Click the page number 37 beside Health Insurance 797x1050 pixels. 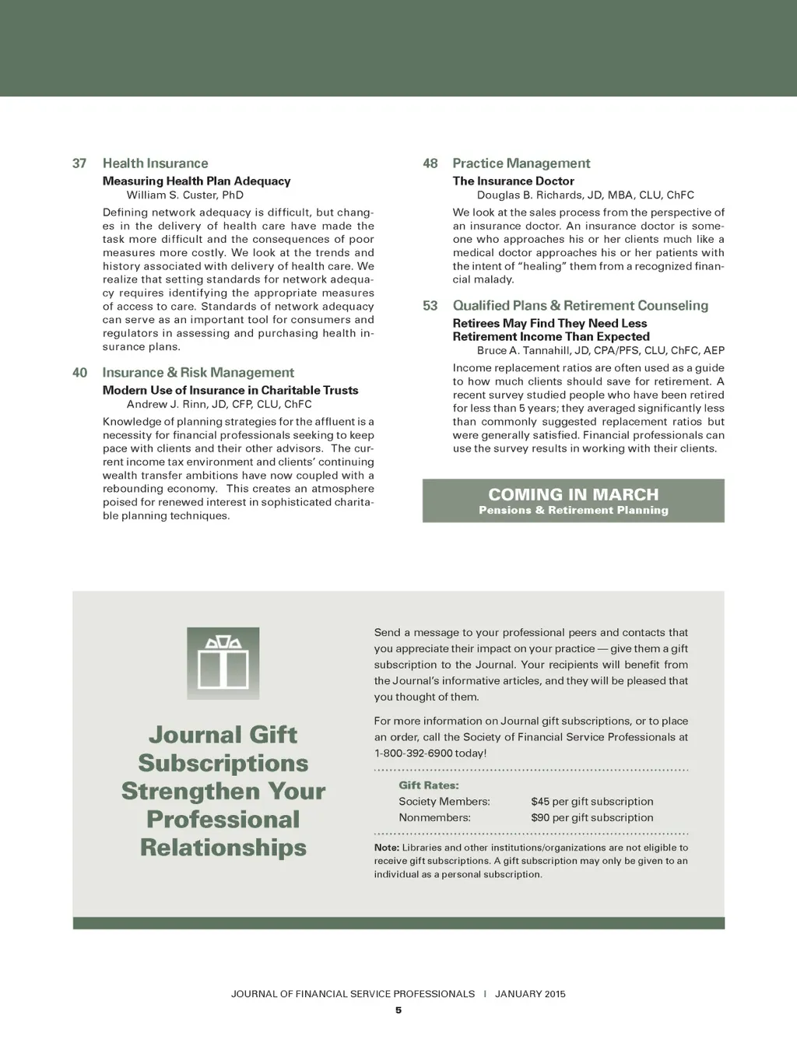click(x=79, y=163)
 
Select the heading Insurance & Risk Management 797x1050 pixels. click(x=198, y=373)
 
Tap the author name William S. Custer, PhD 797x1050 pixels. click(x=185, y=195)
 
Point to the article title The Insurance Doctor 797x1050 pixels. click(x=514, y=181)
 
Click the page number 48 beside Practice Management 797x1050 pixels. click(x=430, y=163)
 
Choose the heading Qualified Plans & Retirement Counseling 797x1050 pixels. click(x=581, y=306)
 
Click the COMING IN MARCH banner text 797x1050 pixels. click(x=573, y=494)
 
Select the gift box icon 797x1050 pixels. click(x=223, y=662)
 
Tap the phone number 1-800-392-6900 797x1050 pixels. click(x=413, y=753)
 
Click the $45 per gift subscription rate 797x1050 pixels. click(x=592, y=802)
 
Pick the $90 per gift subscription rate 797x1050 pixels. click(x=592, y=818)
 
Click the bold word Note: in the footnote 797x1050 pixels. click(x=387, y=848)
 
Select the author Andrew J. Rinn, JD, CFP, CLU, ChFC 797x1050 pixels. click(x=219, y=404)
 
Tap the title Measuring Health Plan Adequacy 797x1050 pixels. click(x=196, y=181)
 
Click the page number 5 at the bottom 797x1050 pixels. click(x=398, y=1010)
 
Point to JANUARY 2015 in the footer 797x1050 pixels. click(x=530, y=994)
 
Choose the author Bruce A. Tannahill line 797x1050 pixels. click(x=600, y=350)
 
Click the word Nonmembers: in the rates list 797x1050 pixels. click(x=434, y=818)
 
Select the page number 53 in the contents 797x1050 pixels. click(x=430, y=306)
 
